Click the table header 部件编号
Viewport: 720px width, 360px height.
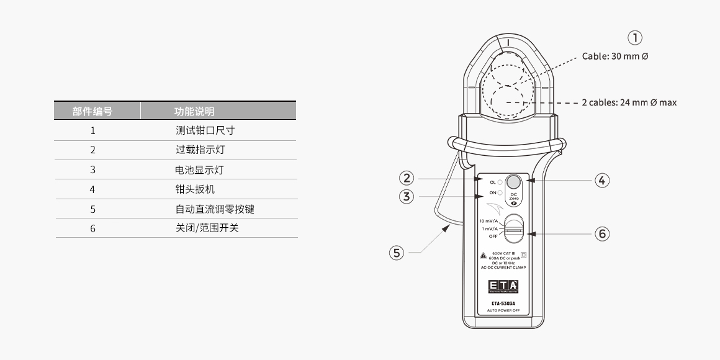(x=92, y=111)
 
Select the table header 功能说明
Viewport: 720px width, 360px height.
(x=194, y=111)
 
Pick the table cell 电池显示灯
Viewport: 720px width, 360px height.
(x=199, y=169)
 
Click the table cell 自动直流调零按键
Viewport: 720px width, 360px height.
(x=215, y=209)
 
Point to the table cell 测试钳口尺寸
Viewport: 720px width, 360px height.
(x=205, y=130)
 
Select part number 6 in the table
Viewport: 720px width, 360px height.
(x=92, y=228)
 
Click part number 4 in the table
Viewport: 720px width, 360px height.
(x=92, y=189)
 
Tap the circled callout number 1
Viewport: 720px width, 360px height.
(x=635, y=38)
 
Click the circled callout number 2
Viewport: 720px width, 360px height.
(x=407, y=179)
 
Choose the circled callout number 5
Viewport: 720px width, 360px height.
(x=397, y=253)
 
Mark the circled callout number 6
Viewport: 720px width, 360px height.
(x=601, y=234)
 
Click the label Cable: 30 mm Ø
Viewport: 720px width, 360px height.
(x=615, y=56)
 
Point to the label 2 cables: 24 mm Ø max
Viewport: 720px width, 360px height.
(x=629, y=102)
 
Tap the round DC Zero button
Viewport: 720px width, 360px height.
(x=513, y=182)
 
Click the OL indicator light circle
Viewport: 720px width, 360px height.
(x=500, y=182)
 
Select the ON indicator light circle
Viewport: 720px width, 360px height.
(x=500, y=193)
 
